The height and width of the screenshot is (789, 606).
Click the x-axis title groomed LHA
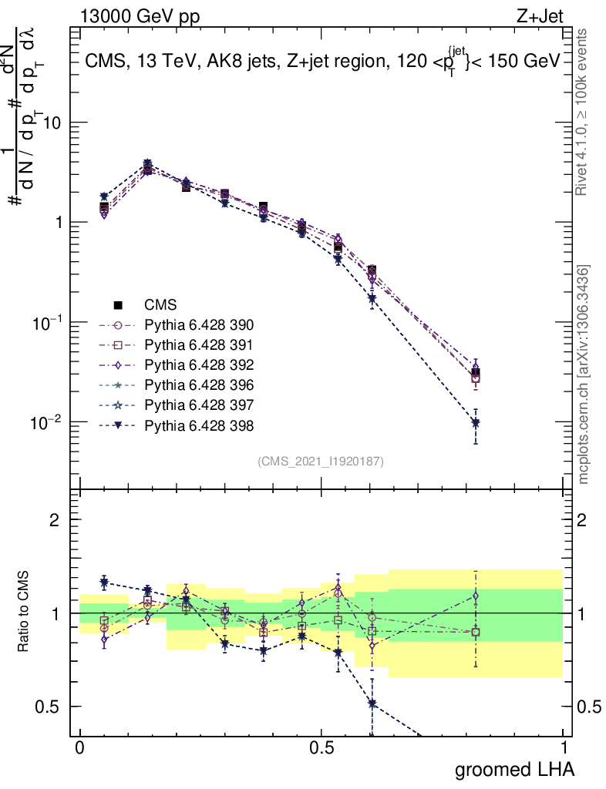514,769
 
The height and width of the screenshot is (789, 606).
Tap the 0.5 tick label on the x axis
322,747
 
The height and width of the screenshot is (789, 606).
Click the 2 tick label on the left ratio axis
55,520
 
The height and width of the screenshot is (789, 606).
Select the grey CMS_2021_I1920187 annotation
321,461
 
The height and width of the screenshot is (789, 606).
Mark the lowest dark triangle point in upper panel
476,423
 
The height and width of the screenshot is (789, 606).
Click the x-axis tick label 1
563,747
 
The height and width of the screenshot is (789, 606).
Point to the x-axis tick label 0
80,747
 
